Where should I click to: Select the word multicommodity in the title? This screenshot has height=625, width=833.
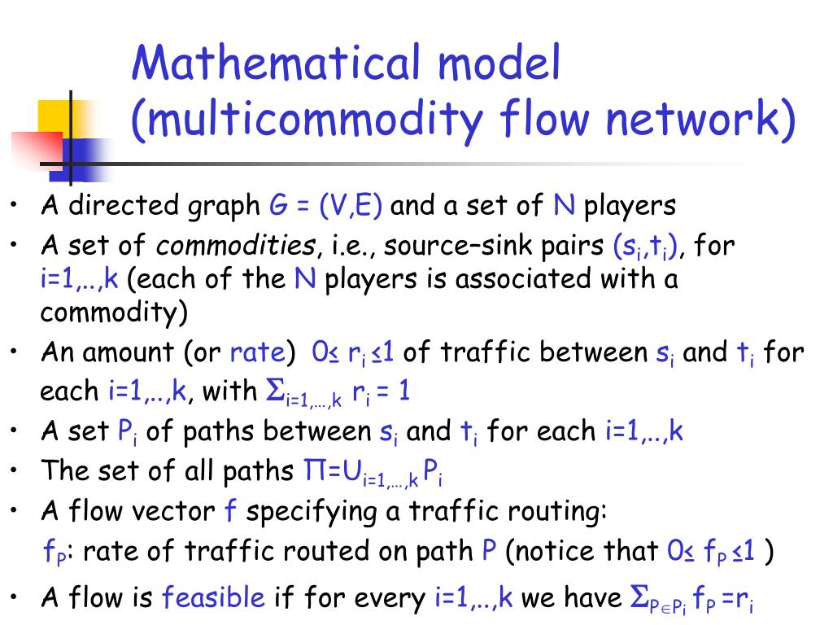[x=306, y=120]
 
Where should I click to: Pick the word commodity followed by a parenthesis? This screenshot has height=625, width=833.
[x=109, y=312]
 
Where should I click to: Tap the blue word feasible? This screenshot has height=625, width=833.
[x=214, y=598]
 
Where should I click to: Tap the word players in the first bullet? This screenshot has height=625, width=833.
[x=630, y=206]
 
